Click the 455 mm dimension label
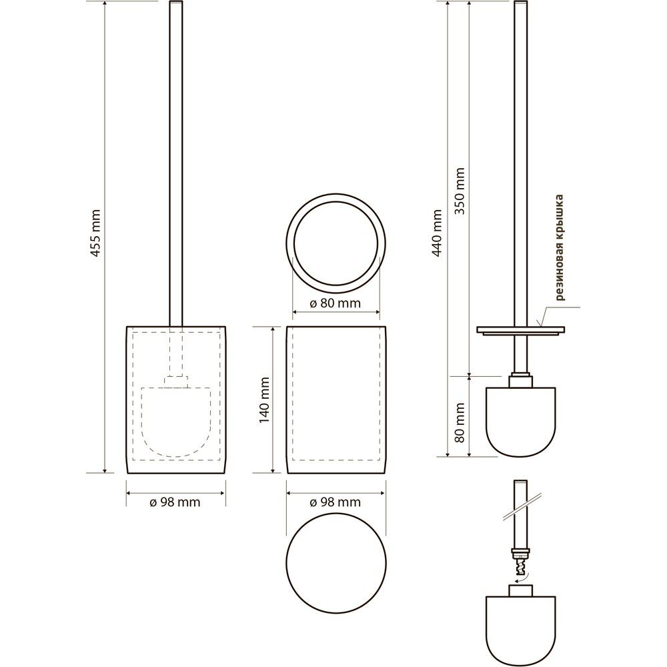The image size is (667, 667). (x=96, y=233)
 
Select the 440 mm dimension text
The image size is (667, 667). (x=437, y=233)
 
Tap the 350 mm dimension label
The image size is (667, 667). (x=460, y=191)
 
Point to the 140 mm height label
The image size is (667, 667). (x=265, y=400)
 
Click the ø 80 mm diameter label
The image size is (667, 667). (x=336, y=303)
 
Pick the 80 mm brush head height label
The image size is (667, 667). (x=460, y=423)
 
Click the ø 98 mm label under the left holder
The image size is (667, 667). (x=175, y=502)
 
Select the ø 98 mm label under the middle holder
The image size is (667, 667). (x=336, y=502)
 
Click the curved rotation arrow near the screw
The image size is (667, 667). (x=522, y=577)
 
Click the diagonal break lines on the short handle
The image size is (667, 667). (x=522, y=506)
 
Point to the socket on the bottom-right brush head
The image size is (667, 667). (x=521, y=590)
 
